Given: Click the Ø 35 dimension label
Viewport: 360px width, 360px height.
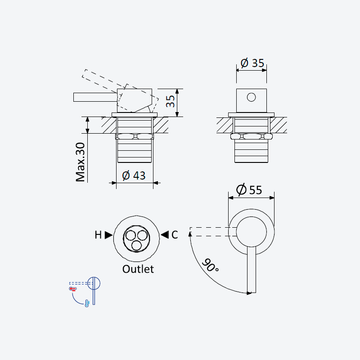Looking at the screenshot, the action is (x=252, y=63).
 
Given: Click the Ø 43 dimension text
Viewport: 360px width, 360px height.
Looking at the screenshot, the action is (x=134, y=175).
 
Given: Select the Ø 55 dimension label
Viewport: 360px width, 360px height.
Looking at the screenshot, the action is (x=249, y=190).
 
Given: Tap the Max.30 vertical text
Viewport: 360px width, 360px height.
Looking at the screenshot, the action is (x=81, y=162).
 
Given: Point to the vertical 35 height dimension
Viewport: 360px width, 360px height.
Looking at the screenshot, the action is (x=171, y=101).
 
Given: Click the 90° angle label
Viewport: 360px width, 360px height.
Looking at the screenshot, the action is (x=210, y=265).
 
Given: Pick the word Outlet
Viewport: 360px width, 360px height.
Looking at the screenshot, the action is (x=138, y=269).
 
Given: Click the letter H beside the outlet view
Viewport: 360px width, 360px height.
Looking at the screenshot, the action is (x=98, y=235).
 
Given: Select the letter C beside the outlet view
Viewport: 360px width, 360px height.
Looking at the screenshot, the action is (x=175, y=235).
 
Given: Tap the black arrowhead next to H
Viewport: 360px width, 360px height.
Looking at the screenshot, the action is (x=108, y=235).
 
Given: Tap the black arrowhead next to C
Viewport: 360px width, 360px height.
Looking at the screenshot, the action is (x=165, y=234).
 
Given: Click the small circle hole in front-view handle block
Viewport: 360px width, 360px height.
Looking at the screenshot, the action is (x=251, y=97).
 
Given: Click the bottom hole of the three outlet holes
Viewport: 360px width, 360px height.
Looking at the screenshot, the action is (x=136, y=245).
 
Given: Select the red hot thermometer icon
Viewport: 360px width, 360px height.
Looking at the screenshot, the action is (x=73, y=288).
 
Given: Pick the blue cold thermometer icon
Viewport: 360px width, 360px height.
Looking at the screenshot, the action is (x=87, y=303).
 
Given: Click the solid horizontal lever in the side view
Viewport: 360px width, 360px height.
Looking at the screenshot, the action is (x=95, y=97).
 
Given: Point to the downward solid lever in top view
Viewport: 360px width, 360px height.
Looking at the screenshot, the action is (x=252, y=270).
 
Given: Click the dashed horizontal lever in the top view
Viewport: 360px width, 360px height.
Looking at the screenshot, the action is (x=213, y=232).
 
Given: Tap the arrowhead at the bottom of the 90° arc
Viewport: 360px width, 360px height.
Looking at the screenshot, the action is (x=249, y=293).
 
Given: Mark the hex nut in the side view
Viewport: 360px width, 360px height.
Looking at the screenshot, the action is (x=135, y=136).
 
